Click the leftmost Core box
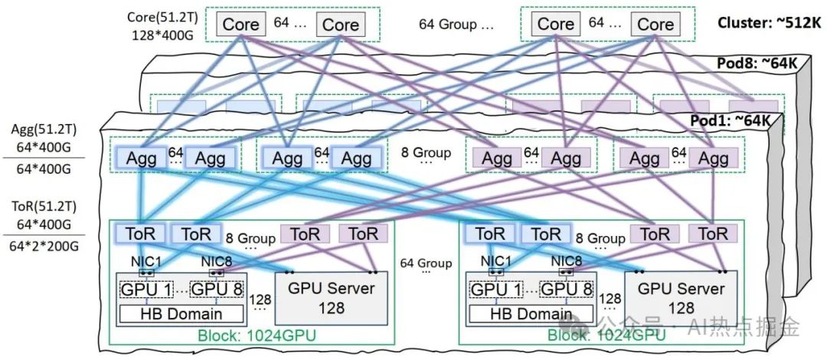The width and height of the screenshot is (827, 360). [x=241, y=25]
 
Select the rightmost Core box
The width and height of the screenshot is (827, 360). [x=655, y=25]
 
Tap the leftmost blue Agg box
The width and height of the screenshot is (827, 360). [x=139, y=158]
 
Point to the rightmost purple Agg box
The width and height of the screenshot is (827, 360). [x=714, y=158]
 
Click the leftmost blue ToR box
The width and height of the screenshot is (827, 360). [x=138, y=234]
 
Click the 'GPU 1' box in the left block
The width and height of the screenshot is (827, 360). [x=146, y=290]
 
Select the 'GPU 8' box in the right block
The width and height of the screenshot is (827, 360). [x=567, y=290]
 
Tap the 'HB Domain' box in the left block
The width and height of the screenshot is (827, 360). [x=181, y=313]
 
